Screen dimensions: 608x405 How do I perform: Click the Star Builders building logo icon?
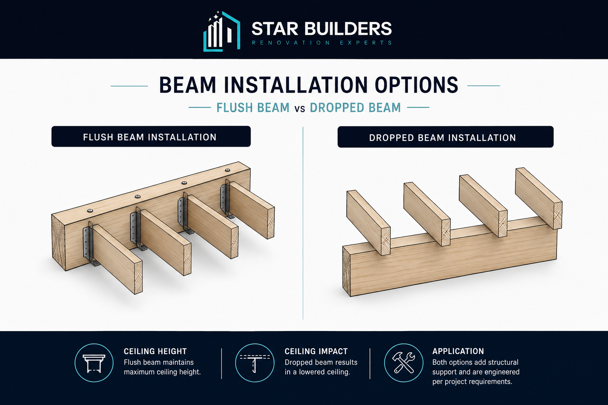(222, 31)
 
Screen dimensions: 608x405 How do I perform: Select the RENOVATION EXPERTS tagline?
(322, 43)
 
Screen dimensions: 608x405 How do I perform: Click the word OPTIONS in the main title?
(417, 85)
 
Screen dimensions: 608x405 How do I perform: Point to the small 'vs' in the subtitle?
(300, 108)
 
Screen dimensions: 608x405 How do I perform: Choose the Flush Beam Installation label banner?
(151, 136)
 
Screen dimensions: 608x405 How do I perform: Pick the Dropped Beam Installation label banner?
(445, 137)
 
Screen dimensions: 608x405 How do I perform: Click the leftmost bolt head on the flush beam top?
(90, 210)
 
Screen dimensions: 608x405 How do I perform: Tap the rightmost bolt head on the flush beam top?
(228, 170)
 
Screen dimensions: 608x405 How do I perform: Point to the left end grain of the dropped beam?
(347, 271)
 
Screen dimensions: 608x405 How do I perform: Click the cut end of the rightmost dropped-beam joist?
(558, 216)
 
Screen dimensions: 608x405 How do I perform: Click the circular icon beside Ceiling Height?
(94, 363)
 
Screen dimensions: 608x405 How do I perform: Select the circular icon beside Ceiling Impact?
(255, 363)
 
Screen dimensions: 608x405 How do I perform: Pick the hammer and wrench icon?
(404, 363)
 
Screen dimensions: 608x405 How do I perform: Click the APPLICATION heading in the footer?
(458, 351)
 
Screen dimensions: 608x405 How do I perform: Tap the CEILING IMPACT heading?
(316, 352)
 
